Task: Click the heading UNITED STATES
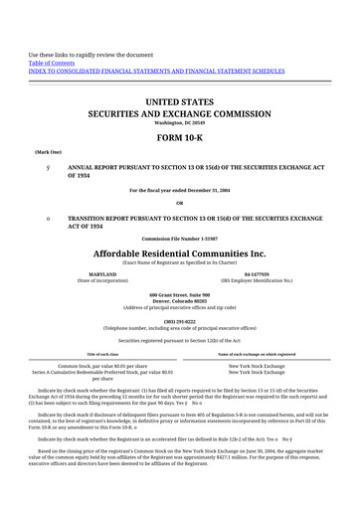coord(180,102)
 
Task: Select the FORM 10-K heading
coord(180,137)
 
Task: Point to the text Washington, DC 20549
coord(180,123)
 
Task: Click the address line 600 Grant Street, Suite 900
coord(180,295)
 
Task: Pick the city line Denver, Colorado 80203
coord(180,302)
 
